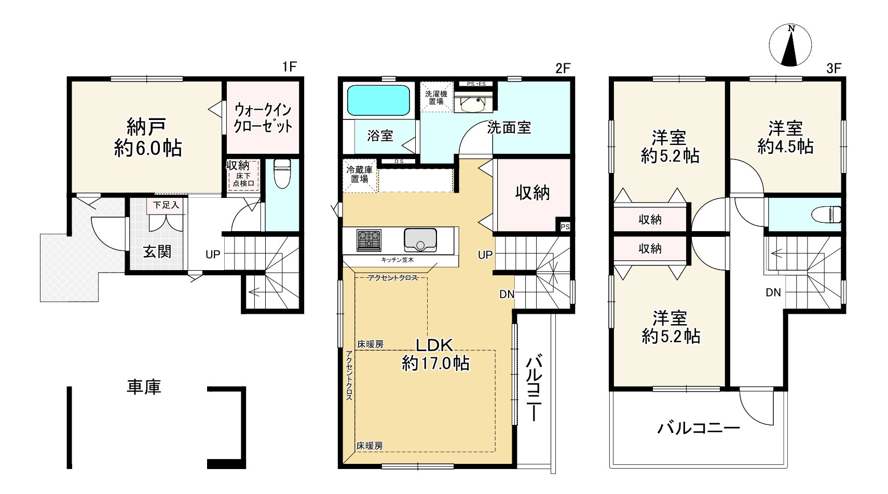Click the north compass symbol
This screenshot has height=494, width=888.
pos(790,45)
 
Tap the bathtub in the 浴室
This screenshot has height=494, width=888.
pos(378,100)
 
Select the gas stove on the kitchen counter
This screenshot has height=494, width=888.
pos(368,241)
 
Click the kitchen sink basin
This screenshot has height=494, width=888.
pos(420,239)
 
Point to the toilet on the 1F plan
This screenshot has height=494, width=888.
pos(282,173)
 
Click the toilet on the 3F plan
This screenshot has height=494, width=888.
pos(826,215)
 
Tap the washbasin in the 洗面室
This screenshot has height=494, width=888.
pos(473,103)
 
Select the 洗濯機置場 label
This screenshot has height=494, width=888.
pos(436,98)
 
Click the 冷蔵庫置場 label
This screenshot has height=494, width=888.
pos(360,175)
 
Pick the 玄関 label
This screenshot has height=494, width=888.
pos(157,251)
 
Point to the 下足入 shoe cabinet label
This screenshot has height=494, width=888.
pos(166,205)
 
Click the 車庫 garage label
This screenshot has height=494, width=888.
pos(144,387)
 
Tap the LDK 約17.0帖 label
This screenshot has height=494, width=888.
pos(435,354)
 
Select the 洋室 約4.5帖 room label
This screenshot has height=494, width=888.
pos(785,137)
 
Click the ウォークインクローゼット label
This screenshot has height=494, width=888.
pos(263,118)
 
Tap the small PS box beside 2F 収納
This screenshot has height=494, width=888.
pos(565,226)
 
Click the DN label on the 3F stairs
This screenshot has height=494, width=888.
pos(773,293)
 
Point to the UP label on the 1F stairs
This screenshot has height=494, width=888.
pos(212,255)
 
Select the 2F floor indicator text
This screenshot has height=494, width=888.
pos(563,68)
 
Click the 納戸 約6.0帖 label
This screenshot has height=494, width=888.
pos(148,137)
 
